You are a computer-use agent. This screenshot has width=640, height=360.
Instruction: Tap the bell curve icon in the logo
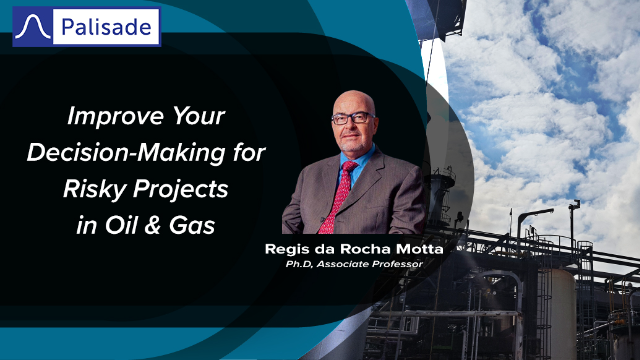tap(36, 26)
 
